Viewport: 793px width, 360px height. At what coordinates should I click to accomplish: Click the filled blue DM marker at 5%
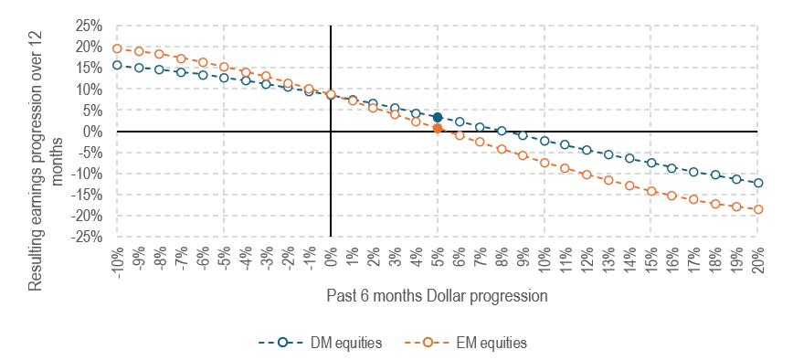click(x=438, y=118)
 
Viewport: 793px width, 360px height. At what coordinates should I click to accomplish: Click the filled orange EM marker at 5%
click(x=438, y=129)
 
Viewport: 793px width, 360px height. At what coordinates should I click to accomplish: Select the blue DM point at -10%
click(x=117, y=65)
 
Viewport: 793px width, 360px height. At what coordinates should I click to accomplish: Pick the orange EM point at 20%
click(x=757, y=209)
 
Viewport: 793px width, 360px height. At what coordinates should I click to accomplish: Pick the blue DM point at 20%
click(x=757, y=183)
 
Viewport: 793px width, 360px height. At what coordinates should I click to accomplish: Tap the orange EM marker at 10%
click(x=544, y=163)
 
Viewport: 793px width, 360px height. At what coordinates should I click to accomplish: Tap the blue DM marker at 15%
click(x=650, y=163)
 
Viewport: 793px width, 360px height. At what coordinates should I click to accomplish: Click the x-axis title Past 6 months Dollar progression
click(x=437, y=297)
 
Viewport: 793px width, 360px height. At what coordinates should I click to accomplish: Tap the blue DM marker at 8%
click(x=502, y=131)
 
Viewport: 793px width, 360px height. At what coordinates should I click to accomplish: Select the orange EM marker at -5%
click(x=224, y=67)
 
